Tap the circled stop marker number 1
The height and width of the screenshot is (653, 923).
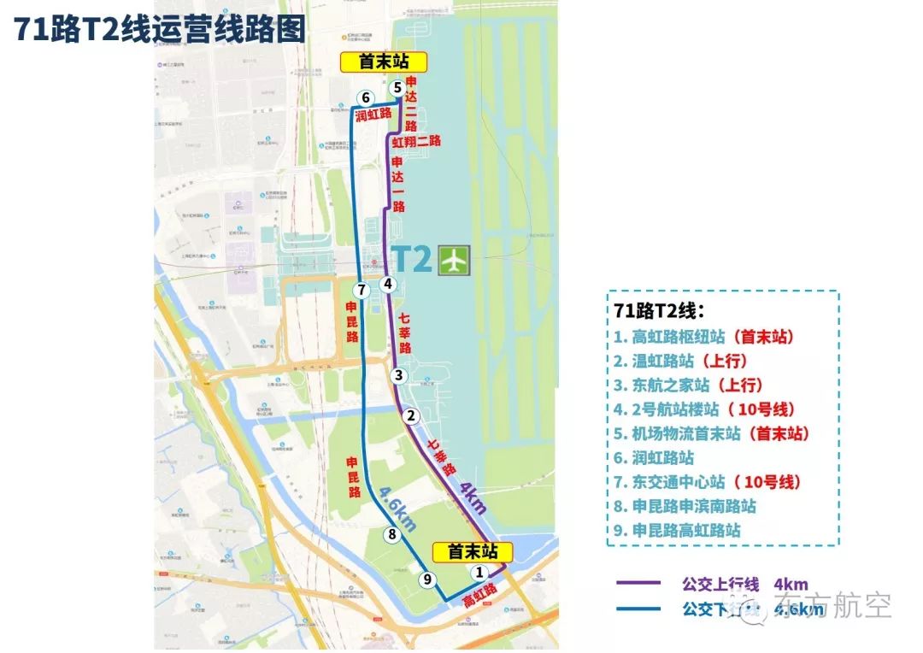click(x=479, y=572)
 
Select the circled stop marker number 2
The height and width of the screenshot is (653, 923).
click(x=411, y=416)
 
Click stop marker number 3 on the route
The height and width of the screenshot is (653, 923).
click(x=397, y=375)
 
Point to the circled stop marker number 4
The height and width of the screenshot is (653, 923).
click(x=387, y=284)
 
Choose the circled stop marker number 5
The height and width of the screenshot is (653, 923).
click(x=397, y=87)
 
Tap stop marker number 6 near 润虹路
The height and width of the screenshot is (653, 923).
click(x=365, y=97)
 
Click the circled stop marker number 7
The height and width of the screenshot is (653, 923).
click(x=362, y=290)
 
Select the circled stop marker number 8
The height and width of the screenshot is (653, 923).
click(x=392, y=535)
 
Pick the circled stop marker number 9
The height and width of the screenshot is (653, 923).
click(x=428, y=579)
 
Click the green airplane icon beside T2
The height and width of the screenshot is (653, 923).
click(x=454, y=260)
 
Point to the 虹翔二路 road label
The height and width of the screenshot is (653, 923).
click(x=416, y=141)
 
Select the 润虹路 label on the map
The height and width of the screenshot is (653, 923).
click(x=373, y=114)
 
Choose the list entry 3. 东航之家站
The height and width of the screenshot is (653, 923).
click(x=688, y=385)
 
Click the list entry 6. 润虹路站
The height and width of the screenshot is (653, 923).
click(x=654, y=457)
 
